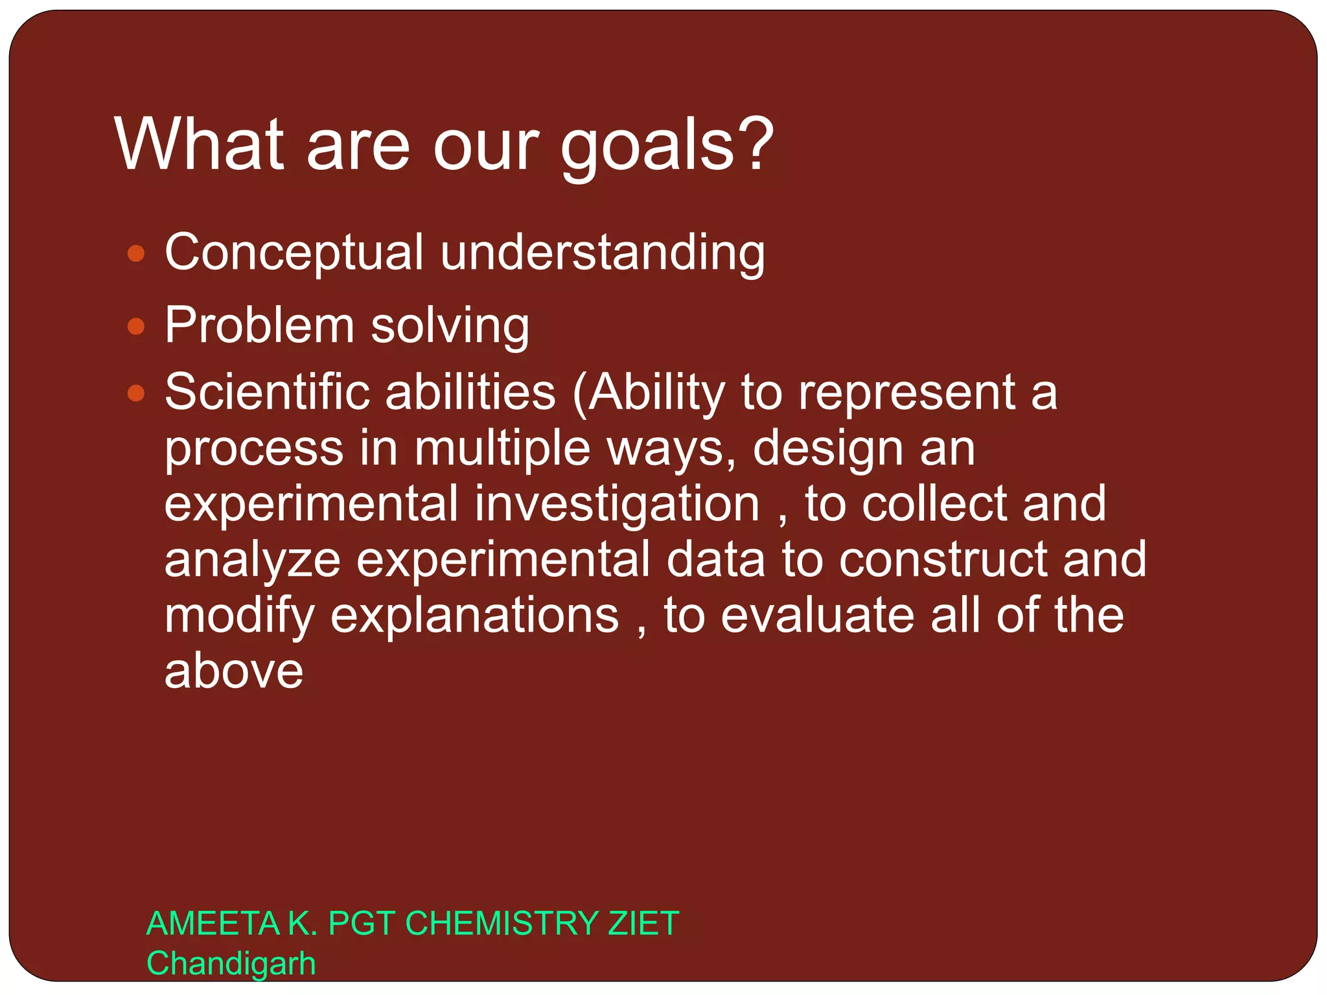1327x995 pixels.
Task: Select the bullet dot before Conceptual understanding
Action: pos(135,253)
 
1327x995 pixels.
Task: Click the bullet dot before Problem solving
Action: pos(135,326)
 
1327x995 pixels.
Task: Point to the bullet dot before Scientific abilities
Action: pos(135,393)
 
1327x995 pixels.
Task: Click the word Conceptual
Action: pos(294,253)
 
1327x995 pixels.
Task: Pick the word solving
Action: pos(450,325)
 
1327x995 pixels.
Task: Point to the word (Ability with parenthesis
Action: pos(648,393)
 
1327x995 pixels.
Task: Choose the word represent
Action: pos(906,393)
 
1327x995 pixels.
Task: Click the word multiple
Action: pos(502,448)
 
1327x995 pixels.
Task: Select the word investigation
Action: pos(617,505)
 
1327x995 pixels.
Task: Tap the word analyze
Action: pos(252,560)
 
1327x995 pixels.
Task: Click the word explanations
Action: pos(474,615)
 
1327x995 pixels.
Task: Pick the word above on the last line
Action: pos(234,671)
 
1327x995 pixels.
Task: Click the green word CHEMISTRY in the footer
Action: pos(502,923)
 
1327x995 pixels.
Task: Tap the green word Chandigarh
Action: pos(231,963)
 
